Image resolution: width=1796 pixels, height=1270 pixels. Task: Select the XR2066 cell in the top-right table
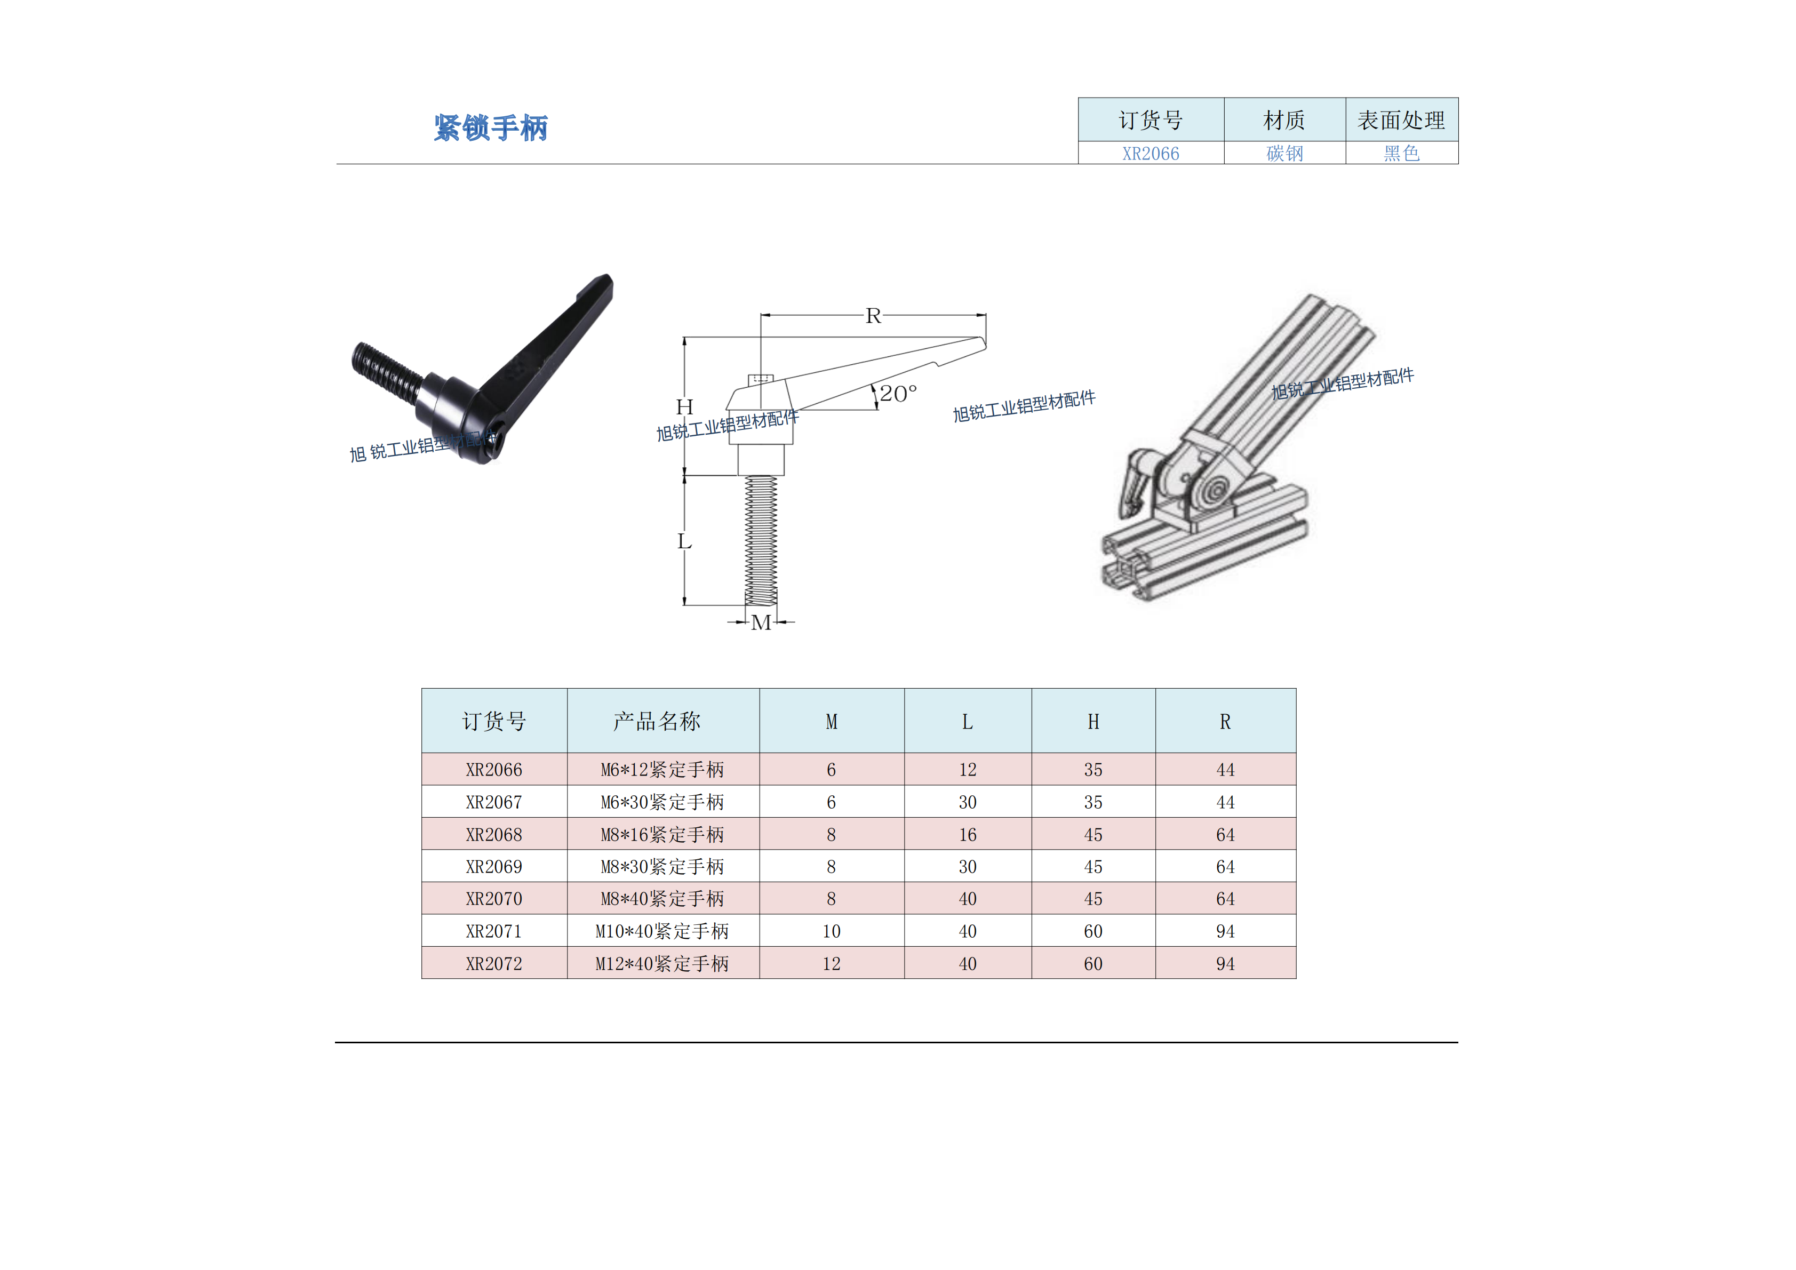tap(1151, 153)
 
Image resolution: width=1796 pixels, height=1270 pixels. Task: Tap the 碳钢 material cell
tap(1284, 153)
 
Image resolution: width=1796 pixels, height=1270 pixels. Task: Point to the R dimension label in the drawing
tap(873, 315)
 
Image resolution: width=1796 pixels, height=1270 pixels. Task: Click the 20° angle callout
tap(898, 393)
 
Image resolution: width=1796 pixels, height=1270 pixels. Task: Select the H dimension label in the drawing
tap(684, 406)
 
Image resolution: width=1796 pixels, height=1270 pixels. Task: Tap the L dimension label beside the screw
tap(684, 541)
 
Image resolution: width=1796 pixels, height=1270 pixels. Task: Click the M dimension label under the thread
tap(761, 622)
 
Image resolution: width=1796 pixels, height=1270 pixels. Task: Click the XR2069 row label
tap(493, 866)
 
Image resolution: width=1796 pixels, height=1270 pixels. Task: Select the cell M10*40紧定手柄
tap(662, 931)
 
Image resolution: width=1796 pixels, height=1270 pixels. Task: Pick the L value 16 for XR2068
tap(968, 834)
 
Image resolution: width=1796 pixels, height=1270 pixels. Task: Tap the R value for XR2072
tap(1225, 963)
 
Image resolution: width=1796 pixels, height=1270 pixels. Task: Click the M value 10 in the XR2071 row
tap(832, 931)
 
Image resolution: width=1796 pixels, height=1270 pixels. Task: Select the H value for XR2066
tap(1093, 770)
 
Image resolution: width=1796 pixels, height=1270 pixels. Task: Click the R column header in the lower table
tap(1225, 721)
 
